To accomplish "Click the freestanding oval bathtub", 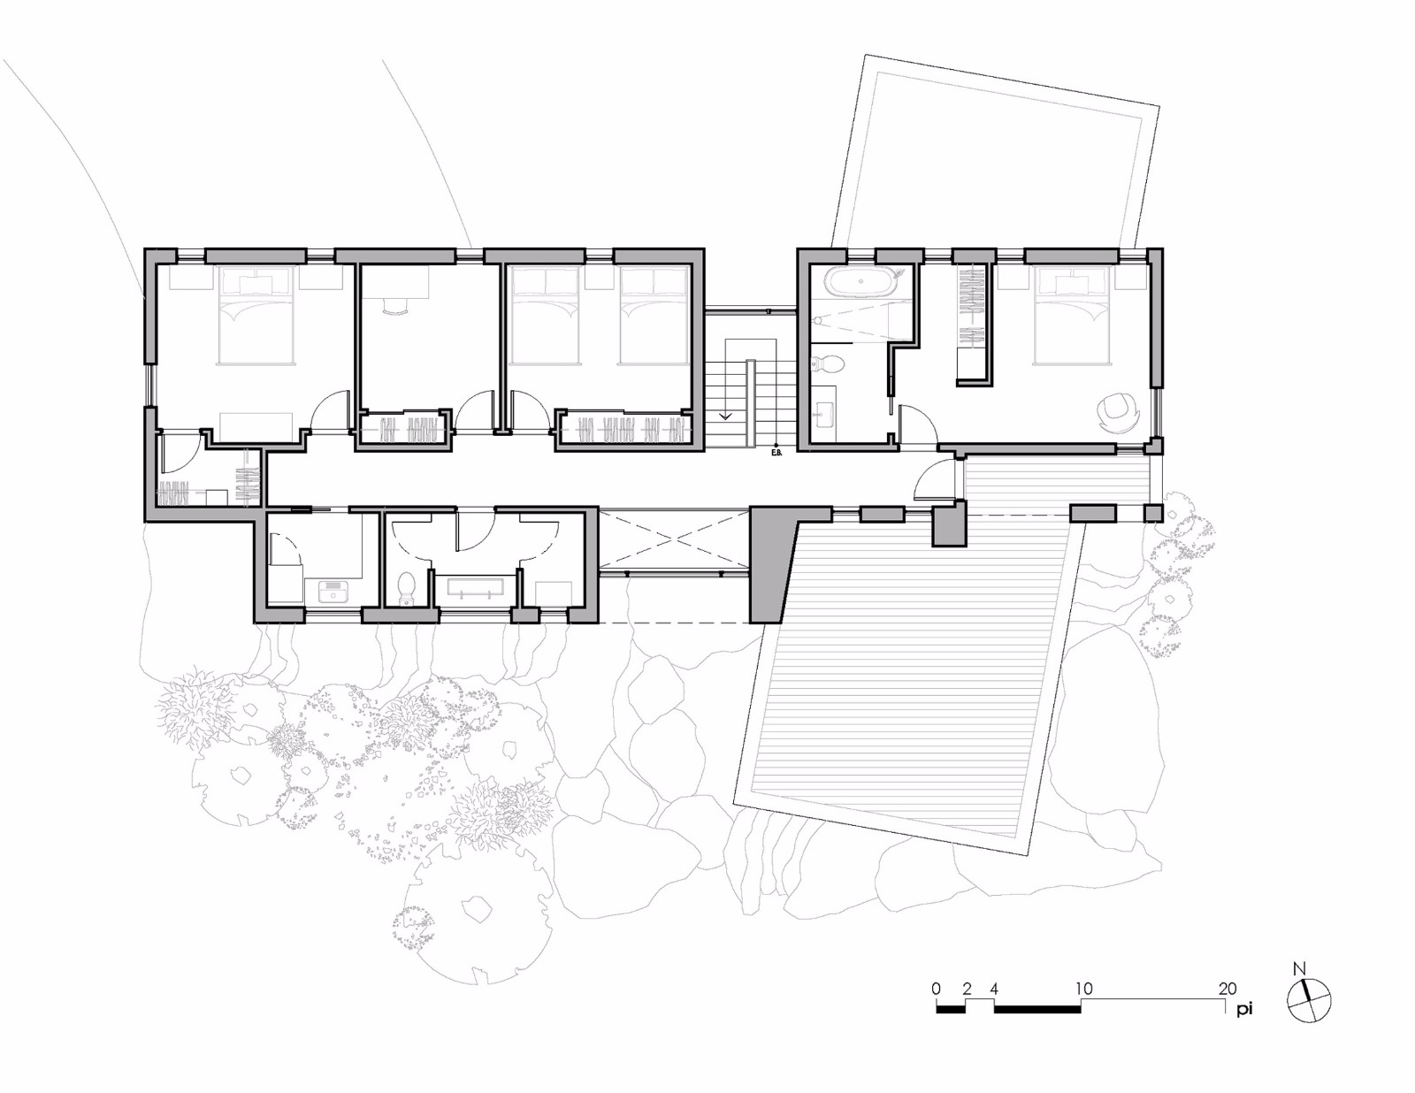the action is [x=860, y=281].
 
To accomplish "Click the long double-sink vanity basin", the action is [x=476, y=586].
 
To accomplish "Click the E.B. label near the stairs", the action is [x=776, y=453].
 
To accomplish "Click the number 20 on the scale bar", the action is [x=1228, y=989].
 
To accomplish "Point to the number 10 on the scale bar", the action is [x=1084, y=989].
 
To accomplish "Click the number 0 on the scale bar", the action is [x=936, y=989].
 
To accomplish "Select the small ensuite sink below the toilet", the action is [x=826, y=411].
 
